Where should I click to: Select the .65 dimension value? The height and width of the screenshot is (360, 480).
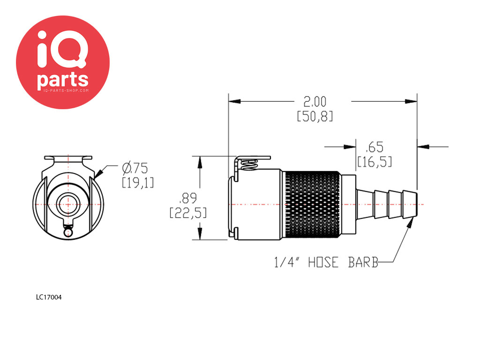point(374,146)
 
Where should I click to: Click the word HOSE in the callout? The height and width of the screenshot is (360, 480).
point(322,262)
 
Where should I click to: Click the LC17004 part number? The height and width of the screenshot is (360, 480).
point(49,297)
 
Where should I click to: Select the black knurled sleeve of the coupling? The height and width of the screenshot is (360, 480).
point(312,204)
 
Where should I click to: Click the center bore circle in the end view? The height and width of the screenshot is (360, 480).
point(68,205)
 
